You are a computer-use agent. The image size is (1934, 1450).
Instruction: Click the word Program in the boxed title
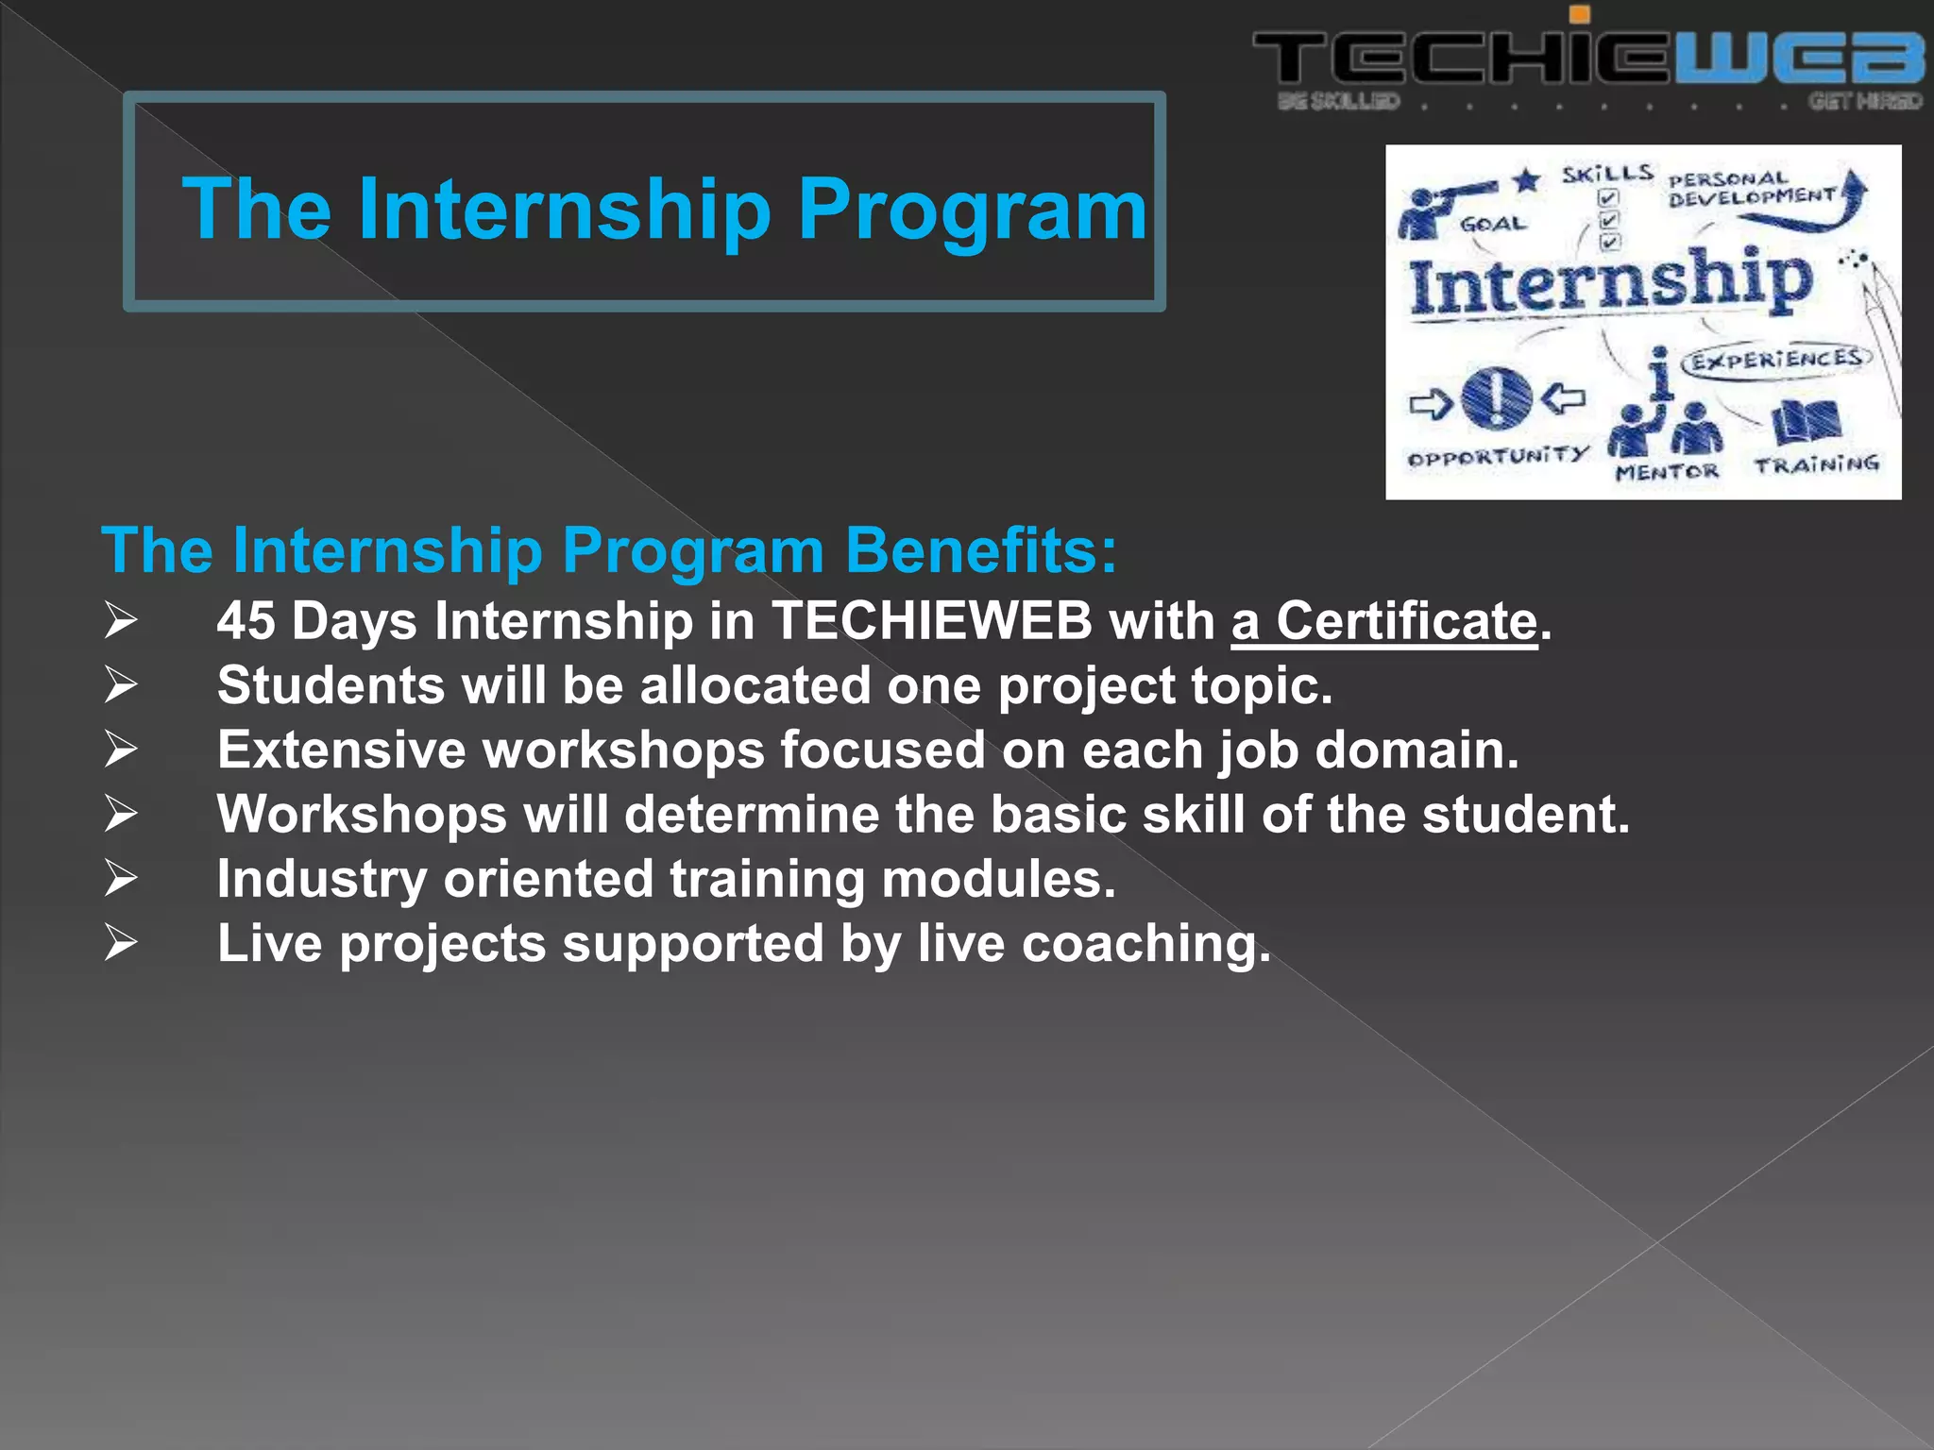click(x=972, y=209)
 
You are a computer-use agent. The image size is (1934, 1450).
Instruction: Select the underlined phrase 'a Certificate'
click(x=1384, y=622)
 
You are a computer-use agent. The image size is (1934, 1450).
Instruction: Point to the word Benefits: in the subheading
click(x=981, y=550)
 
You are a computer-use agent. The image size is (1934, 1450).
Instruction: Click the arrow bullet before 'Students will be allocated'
click(x=121, y=685)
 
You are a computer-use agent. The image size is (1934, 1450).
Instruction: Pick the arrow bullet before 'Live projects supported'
click(x=121, y=943)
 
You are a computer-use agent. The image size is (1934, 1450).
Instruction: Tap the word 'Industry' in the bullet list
click(x=322, y=880)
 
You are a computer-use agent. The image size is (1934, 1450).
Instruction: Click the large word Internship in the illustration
click(x=1610, y=282)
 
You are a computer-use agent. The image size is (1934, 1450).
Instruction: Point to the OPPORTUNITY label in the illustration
click(x=1498, y=458)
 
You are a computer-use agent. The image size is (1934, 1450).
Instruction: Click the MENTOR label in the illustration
click(x=1667, y=471)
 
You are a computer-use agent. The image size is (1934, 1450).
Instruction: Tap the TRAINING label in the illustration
click(x=1816, y=464)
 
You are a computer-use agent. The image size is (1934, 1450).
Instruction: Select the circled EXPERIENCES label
click(x=1775, y=360)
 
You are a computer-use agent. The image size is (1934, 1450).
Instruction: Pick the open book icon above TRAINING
click(x=1806, y=421)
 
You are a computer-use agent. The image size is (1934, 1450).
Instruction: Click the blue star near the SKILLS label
click(x=1526, y=179)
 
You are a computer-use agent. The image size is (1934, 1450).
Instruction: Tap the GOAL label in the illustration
click(x=1492, y=224)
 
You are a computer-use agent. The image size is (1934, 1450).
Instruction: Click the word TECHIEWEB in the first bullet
click(x=931, y=622)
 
